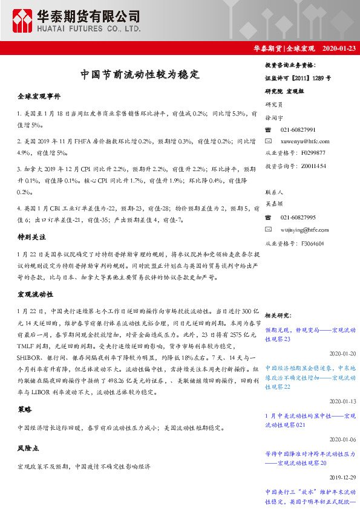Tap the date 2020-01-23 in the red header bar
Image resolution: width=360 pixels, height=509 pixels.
pyautogui.click(x=339, y=48)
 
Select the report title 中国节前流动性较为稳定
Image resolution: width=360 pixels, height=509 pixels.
pyautogui.click(x=140, y=75)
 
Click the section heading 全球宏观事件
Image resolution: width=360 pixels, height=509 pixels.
pyautogui.click(x=39, y=97)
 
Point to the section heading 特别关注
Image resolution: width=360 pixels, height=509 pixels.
pyautogui.click(x=31, y=238)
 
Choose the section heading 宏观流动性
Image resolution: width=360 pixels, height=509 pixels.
pyautogui.click(x=35, y=294)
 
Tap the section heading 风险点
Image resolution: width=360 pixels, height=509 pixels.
pyautogui.click(x=28, y=449)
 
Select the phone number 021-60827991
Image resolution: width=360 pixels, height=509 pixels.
pyautogui.click(x=298, y=130)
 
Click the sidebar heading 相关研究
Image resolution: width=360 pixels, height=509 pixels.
pyautogui.click(x=278, y=315)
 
